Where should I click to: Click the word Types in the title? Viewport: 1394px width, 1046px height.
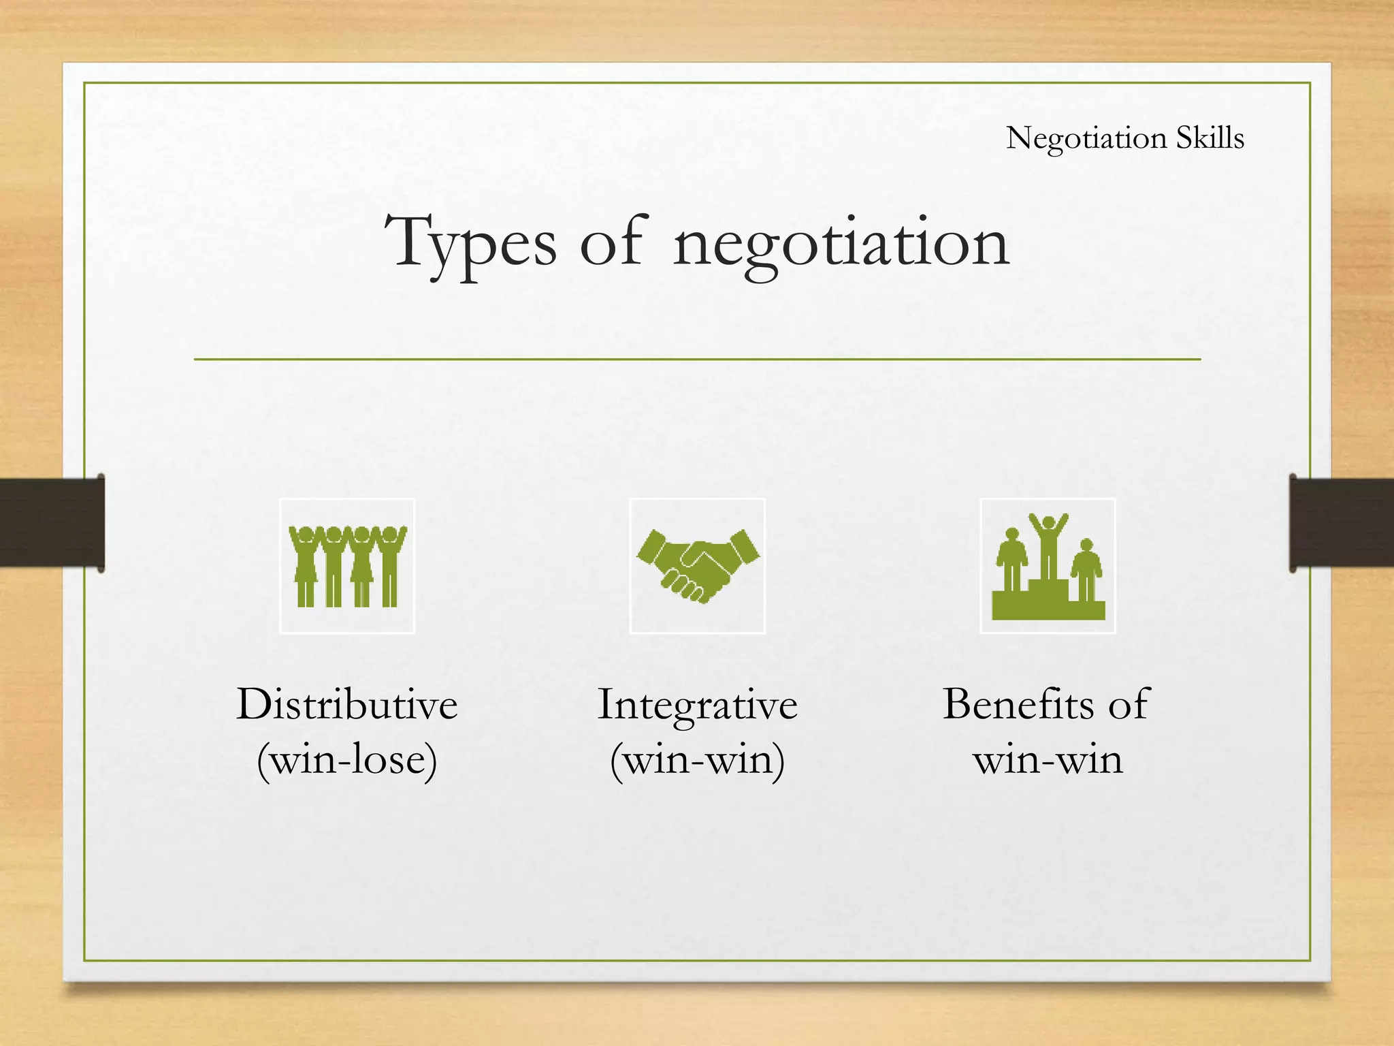pyautogui.click(x=470, y=243)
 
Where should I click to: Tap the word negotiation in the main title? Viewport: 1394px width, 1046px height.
pyautogui.click(x=841, y=243)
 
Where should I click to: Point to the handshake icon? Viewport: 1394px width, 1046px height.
pyautogui.click(x=698, y=565)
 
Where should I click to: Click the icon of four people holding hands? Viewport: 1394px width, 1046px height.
pyautogui.click(x=347, y=565)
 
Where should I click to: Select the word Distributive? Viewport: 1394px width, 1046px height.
pyautogui.click(x=347, y=704)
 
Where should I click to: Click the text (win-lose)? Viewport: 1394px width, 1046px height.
pyautogui.click(x=347, y=759)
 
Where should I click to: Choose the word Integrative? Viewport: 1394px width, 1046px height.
pyautogui.click(x=698, y=704)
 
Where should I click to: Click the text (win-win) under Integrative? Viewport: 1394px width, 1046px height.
pyautogui.click(x=698, y=759)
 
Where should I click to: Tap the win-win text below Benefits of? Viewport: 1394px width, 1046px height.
pyautogui.click(x=1048, y=759)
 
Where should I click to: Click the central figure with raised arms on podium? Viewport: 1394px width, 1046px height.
pyautogui.click(x=1048, y=545)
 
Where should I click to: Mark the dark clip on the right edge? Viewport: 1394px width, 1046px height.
pyautogui.click(x=1341, y=522)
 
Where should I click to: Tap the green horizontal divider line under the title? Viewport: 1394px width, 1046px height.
pyautogui.click(x=697, y=359)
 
